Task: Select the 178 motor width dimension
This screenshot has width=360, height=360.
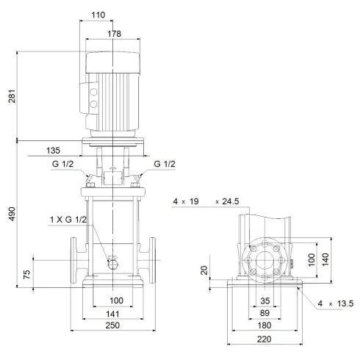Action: (x=112, y=33)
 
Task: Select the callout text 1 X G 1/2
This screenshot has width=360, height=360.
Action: (x=68, y=220)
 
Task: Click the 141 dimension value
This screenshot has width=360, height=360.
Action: (x=112, y=314)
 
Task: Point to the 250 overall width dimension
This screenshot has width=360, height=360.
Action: (x=112, y=326)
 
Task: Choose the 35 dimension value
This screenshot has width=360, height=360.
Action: (x=264, y=301)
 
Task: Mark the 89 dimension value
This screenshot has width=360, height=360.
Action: (x=264, y=313)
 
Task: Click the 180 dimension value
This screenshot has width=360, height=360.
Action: (x=264, y=326)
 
